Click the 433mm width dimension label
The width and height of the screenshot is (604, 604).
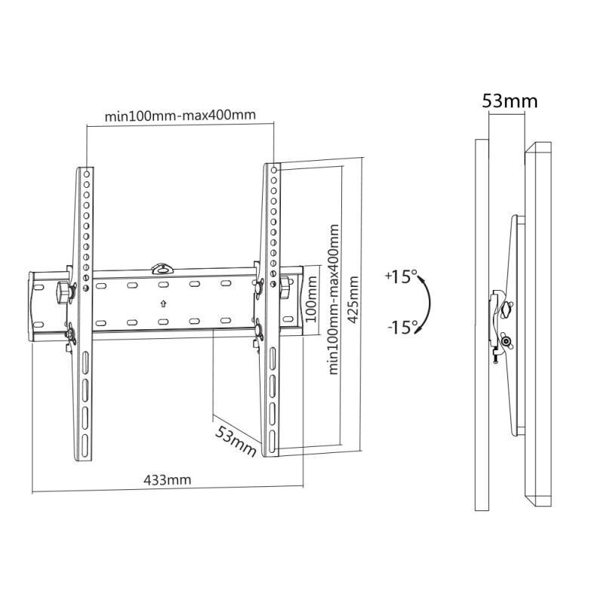point(167,480)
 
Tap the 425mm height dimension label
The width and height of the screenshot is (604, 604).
point(353,300)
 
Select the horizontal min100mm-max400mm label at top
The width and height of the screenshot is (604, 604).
point(180,116)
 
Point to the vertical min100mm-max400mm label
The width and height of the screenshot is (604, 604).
point(333,299)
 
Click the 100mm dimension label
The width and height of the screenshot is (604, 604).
point(311,299)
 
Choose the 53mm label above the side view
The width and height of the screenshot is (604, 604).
point(510,101)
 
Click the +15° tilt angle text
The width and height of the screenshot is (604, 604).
point(401,277)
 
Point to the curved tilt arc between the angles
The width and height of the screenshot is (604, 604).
point(430,304)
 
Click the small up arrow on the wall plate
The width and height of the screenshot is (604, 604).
point(163,304)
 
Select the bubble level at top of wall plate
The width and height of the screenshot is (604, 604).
point(163,269)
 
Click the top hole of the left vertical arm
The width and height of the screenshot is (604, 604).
point(87,174)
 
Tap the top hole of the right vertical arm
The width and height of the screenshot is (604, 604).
point(274,170)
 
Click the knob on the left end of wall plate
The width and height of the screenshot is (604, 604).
point(63,293)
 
